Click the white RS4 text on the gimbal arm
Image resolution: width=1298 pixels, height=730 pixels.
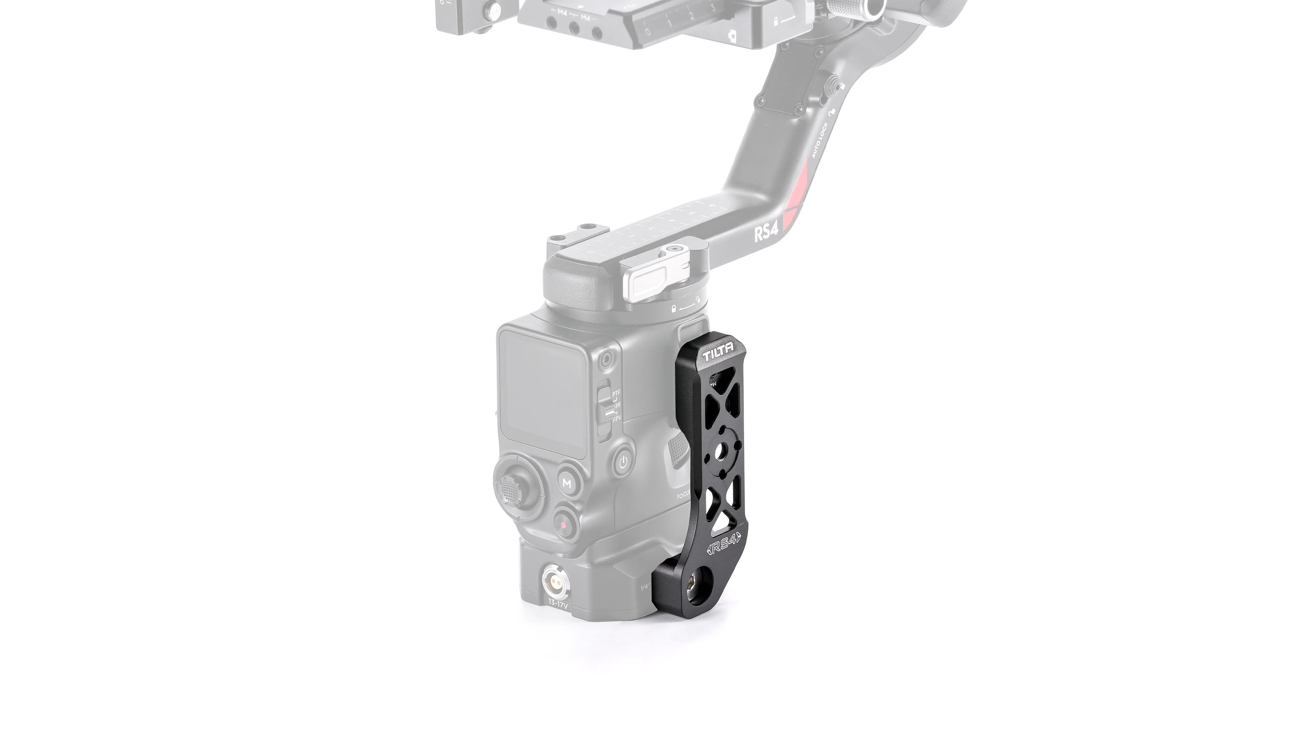click(x=766, y=235)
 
